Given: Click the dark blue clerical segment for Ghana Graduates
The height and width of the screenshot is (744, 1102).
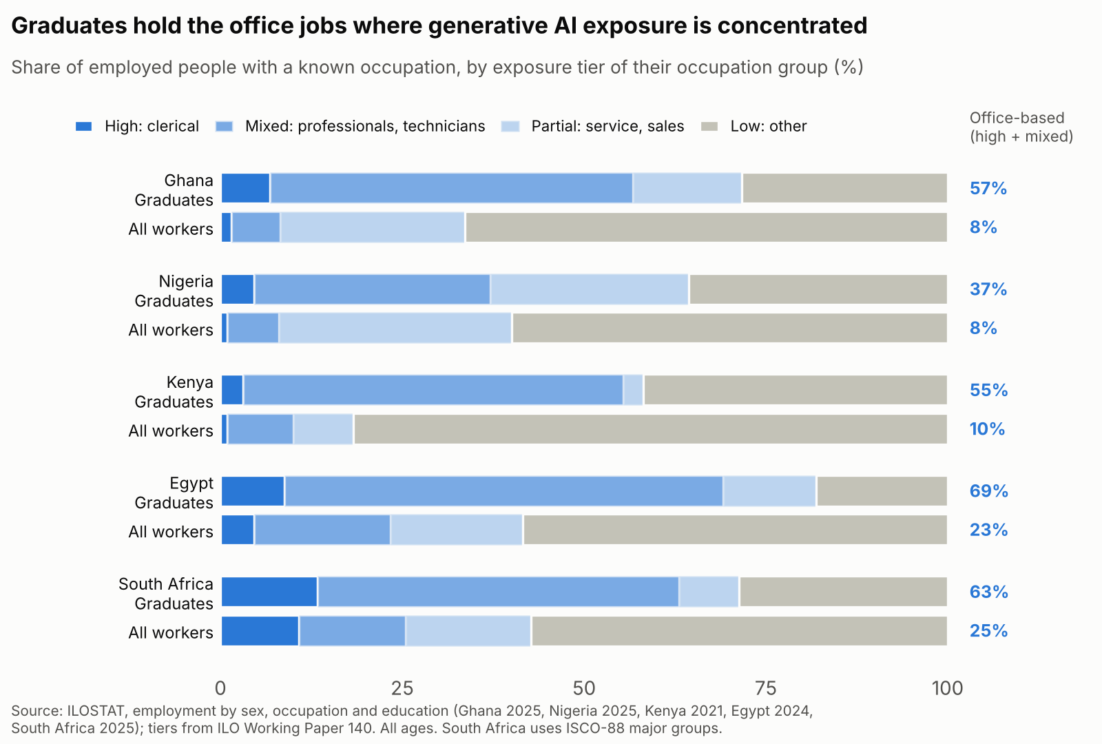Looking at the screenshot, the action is point(245,188).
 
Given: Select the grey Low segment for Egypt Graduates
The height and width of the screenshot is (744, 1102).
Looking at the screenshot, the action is point(882,491).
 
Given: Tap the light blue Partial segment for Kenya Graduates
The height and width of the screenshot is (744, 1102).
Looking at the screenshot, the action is point(633,390).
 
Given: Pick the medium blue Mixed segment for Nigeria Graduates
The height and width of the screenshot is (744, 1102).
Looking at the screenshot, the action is point(373,289).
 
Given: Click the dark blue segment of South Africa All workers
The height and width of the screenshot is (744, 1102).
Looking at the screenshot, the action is point(260,631).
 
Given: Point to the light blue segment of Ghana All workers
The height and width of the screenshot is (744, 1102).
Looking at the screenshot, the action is point(373,227).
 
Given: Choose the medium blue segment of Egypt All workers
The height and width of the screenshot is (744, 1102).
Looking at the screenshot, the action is point(322,530).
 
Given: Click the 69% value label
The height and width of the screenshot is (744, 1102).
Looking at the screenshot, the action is point(989,491).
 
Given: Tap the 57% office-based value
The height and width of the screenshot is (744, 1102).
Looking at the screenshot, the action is point(988,189).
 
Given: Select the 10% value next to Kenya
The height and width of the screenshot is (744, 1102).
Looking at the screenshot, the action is point(988,429).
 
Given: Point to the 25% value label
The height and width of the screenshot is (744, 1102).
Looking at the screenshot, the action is point(989,631).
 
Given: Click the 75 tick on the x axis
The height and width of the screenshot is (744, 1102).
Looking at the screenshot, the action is point(765,688).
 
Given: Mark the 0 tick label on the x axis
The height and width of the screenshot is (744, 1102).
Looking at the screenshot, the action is point(220,688).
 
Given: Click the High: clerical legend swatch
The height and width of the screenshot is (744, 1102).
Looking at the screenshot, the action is point(83,127).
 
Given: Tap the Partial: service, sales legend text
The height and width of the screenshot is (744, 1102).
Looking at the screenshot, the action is point(607,127).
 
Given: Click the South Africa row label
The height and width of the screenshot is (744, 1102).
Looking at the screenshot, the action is point(166,584).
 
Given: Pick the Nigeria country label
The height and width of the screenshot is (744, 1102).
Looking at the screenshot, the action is point(186,282).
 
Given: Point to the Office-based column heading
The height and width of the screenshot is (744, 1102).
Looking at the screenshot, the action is point(1017,118).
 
